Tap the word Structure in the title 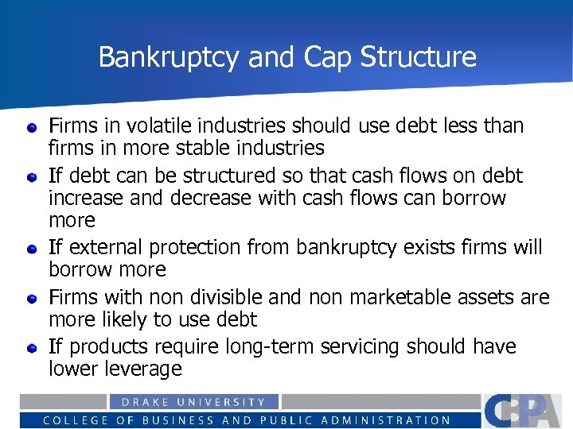pos(419,57)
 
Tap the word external pos(106,247)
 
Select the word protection pos(197,247)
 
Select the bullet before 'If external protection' pos(33,249)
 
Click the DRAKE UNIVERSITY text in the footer pos(194,402)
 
